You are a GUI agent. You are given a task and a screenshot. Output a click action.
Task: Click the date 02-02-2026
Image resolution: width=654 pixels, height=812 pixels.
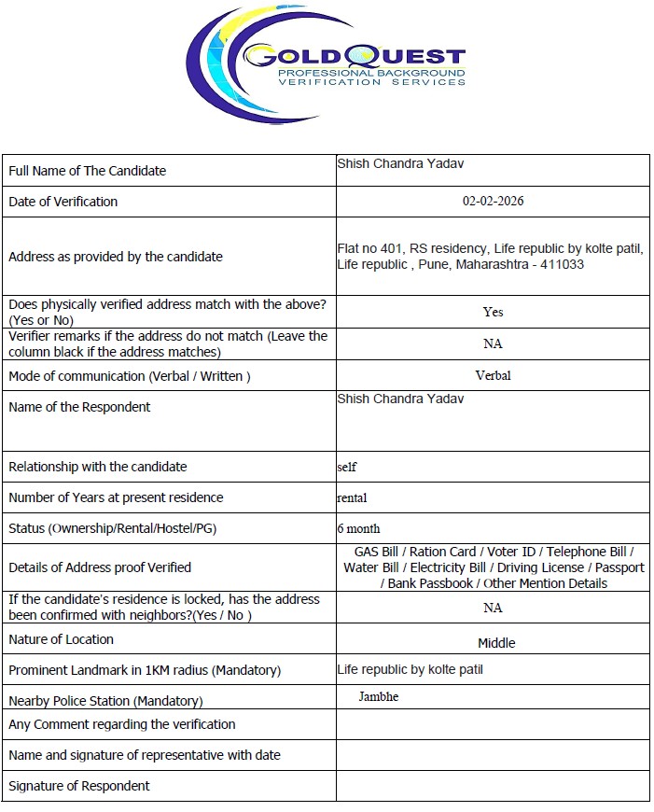[493, 201]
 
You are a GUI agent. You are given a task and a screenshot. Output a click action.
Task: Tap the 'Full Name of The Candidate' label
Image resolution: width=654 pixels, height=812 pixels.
[87, 171]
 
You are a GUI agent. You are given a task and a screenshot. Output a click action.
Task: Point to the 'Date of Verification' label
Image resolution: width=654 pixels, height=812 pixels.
[63, 202]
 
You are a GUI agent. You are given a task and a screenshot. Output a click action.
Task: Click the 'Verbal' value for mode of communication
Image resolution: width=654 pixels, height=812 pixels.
[493, 375]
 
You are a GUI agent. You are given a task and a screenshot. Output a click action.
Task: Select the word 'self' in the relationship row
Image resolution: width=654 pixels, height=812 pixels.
[346, 467]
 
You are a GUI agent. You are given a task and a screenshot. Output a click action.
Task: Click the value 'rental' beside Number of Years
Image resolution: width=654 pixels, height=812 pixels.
[352, 497]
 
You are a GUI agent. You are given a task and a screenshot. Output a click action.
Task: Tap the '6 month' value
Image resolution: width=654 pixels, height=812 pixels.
[358, 528]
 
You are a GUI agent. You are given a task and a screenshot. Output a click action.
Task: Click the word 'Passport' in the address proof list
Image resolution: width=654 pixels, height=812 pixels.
[619, 567]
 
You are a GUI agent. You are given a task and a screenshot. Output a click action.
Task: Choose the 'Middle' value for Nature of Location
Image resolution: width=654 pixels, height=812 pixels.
[496, 642]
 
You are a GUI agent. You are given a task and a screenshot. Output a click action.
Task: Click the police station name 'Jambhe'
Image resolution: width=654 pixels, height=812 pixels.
[378, 696]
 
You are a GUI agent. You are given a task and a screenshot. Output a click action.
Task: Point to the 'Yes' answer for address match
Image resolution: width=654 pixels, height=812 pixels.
[493, 312]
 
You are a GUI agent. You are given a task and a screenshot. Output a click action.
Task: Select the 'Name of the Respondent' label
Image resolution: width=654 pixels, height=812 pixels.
[79, 407]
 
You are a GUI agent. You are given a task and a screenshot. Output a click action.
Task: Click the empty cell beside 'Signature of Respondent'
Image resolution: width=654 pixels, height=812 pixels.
[493, 786]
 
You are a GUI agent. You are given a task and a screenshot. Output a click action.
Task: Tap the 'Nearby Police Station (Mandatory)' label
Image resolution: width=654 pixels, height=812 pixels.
[105, 701]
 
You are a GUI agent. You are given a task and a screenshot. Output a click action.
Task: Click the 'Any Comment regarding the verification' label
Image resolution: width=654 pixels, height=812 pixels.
[121, 724]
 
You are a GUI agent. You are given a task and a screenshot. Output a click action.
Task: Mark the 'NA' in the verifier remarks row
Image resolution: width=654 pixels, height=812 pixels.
[493, 343]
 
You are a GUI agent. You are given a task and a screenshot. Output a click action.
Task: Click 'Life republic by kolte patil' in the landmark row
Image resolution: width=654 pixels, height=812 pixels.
[410, 669]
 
